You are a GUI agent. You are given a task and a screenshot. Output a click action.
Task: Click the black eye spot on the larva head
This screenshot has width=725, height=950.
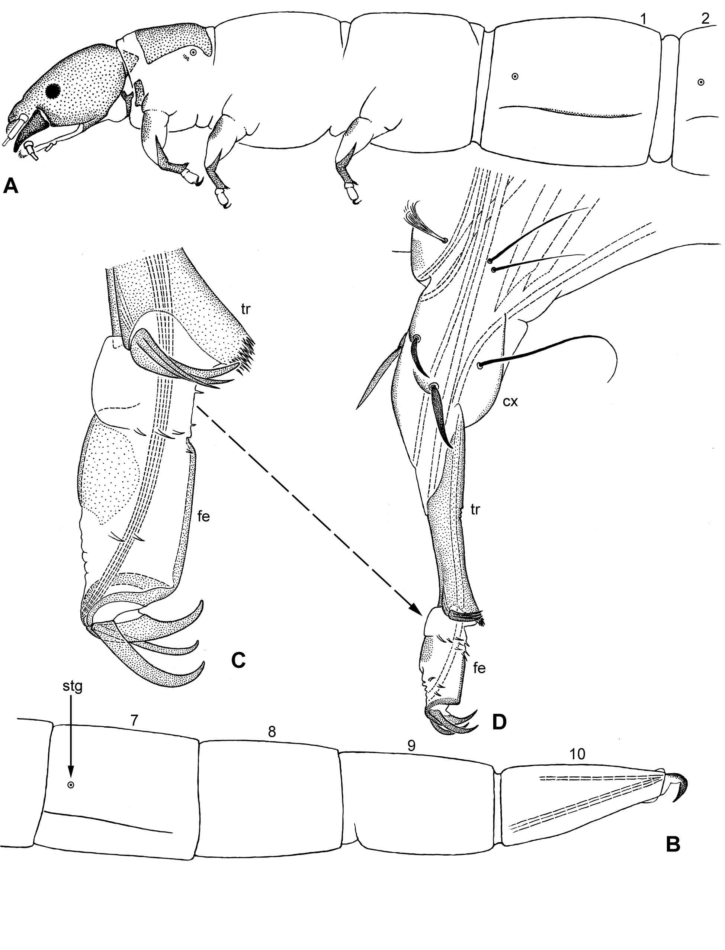click(54, 91)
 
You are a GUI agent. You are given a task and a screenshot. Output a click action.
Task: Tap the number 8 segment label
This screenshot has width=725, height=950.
click(272, 731)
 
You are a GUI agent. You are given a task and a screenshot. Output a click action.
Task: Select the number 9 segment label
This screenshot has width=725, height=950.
click(411, 745)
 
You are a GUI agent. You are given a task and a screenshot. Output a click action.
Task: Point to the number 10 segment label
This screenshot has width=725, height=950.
click(577, 754)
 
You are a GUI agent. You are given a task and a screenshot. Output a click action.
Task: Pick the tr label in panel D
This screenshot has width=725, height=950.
click(475, 510)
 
